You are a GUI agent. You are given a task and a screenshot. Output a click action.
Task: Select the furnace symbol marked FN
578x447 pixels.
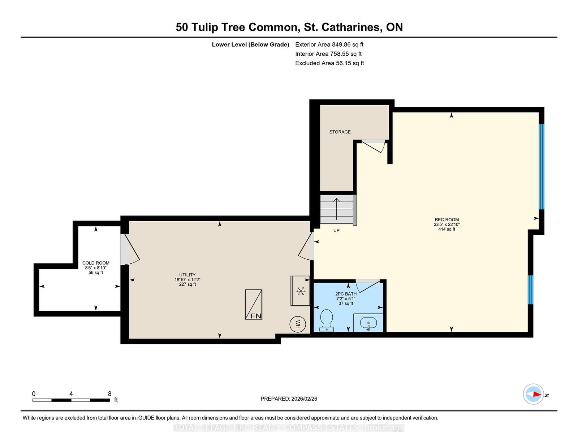pos(254,304)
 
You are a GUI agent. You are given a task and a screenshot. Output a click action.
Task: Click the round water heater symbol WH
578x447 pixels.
pos(298,324)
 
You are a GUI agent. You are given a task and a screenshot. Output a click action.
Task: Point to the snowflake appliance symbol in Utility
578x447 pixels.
pos(301,291)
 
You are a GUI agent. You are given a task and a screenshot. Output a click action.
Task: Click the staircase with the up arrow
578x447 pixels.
pos(338,209)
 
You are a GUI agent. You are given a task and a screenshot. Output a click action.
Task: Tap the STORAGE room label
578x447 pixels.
pos(340,132)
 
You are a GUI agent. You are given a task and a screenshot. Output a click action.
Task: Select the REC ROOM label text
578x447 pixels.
pos(447,220)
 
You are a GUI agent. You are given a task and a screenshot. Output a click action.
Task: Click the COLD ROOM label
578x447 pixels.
pos(96,263)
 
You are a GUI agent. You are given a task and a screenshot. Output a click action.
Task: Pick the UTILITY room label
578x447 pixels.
pos(187,275)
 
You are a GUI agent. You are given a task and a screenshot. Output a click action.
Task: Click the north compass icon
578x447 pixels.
pos(533,394)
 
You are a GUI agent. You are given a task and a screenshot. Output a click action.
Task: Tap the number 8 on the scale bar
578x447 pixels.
pos(109,394)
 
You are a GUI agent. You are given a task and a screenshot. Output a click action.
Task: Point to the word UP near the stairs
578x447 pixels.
pos(336,231)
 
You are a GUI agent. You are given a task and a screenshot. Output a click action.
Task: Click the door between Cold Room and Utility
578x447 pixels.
pos(130,250)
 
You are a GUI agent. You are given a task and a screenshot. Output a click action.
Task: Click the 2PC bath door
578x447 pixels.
pos(368,285)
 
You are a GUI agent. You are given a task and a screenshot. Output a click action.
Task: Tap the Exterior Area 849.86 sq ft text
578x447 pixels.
pos(329,44)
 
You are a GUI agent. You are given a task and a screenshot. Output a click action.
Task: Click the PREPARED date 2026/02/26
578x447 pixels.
pos(304,399)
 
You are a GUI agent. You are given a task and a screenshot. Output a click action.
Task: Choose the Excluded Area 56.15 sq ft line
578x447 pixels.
pos(329,63)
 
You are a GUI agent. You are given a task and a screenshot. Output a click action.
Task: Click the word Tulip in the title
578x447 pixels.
pos(205,27)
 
